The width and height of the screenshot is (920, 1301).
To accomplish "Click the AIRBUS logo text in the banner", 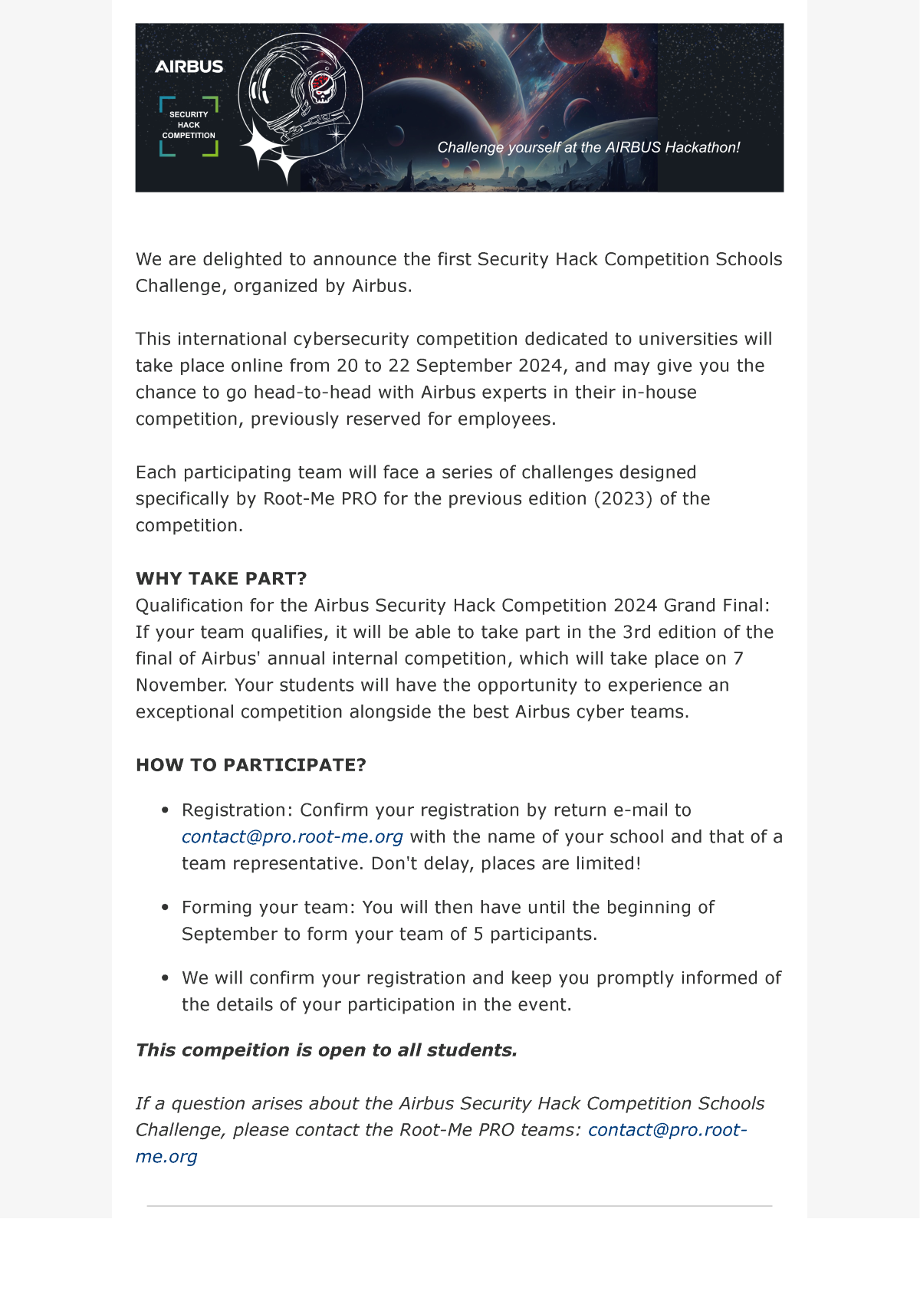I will [x=189, y=67].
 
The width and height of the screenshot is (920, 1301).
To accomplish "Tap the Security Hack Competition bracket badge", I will [x=189, y=126].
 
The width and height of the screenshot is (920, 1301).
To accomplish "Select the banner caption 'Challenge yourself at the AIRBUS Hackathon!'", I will [x=588, y=147].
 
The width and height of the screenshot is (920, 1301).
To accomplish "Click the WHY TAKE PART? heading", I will [x=221, y=579].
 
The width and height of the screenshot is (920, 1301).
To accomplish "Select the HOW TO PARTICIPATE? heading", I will [x=251, y=765].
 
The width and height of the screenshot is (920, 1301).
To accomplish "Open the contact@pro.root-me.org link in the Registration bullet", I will [x=292, y=837].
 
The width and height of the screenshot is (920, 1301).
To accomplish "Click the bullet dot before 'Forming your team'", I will [x=165, y=908].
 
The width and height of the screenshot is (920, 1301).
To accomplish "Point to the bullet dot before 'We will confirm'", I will [x=165, y=978].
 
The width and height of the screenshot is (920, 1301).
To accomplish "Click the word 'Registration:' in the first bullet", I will [x=237, y=810].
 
